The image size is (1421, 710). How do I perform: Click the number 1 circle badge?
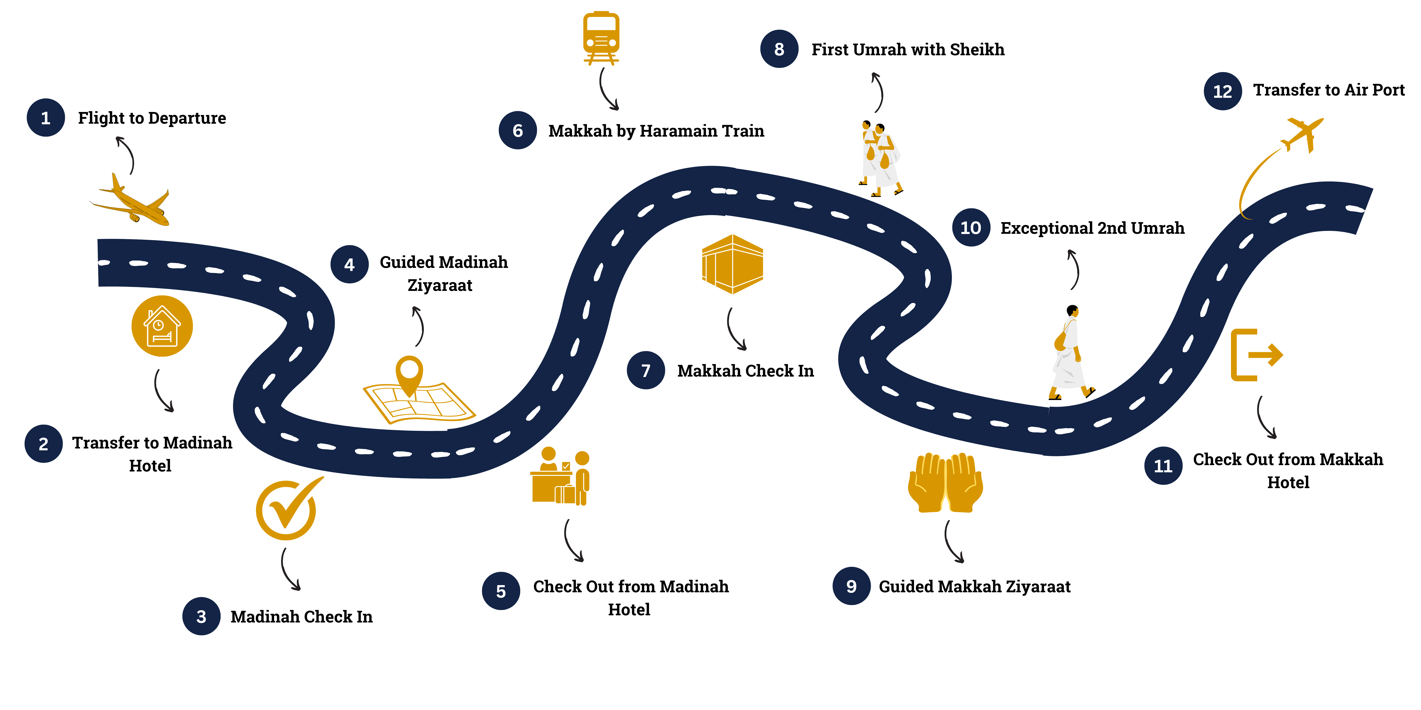46,118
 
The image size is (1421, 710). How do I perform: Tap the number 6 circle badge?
517,131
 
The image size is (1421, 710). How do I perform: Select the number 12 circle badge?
1222,91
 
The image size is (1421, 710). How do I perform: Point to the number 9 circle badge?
851,586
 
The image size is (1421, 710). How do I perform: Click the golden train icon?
601,37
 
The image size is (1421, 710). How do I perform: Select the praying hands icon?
945,482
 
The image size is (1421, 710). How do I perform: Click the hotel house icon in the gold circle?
162,326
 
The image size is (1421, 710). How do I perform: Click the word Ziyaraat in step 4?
440,286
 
